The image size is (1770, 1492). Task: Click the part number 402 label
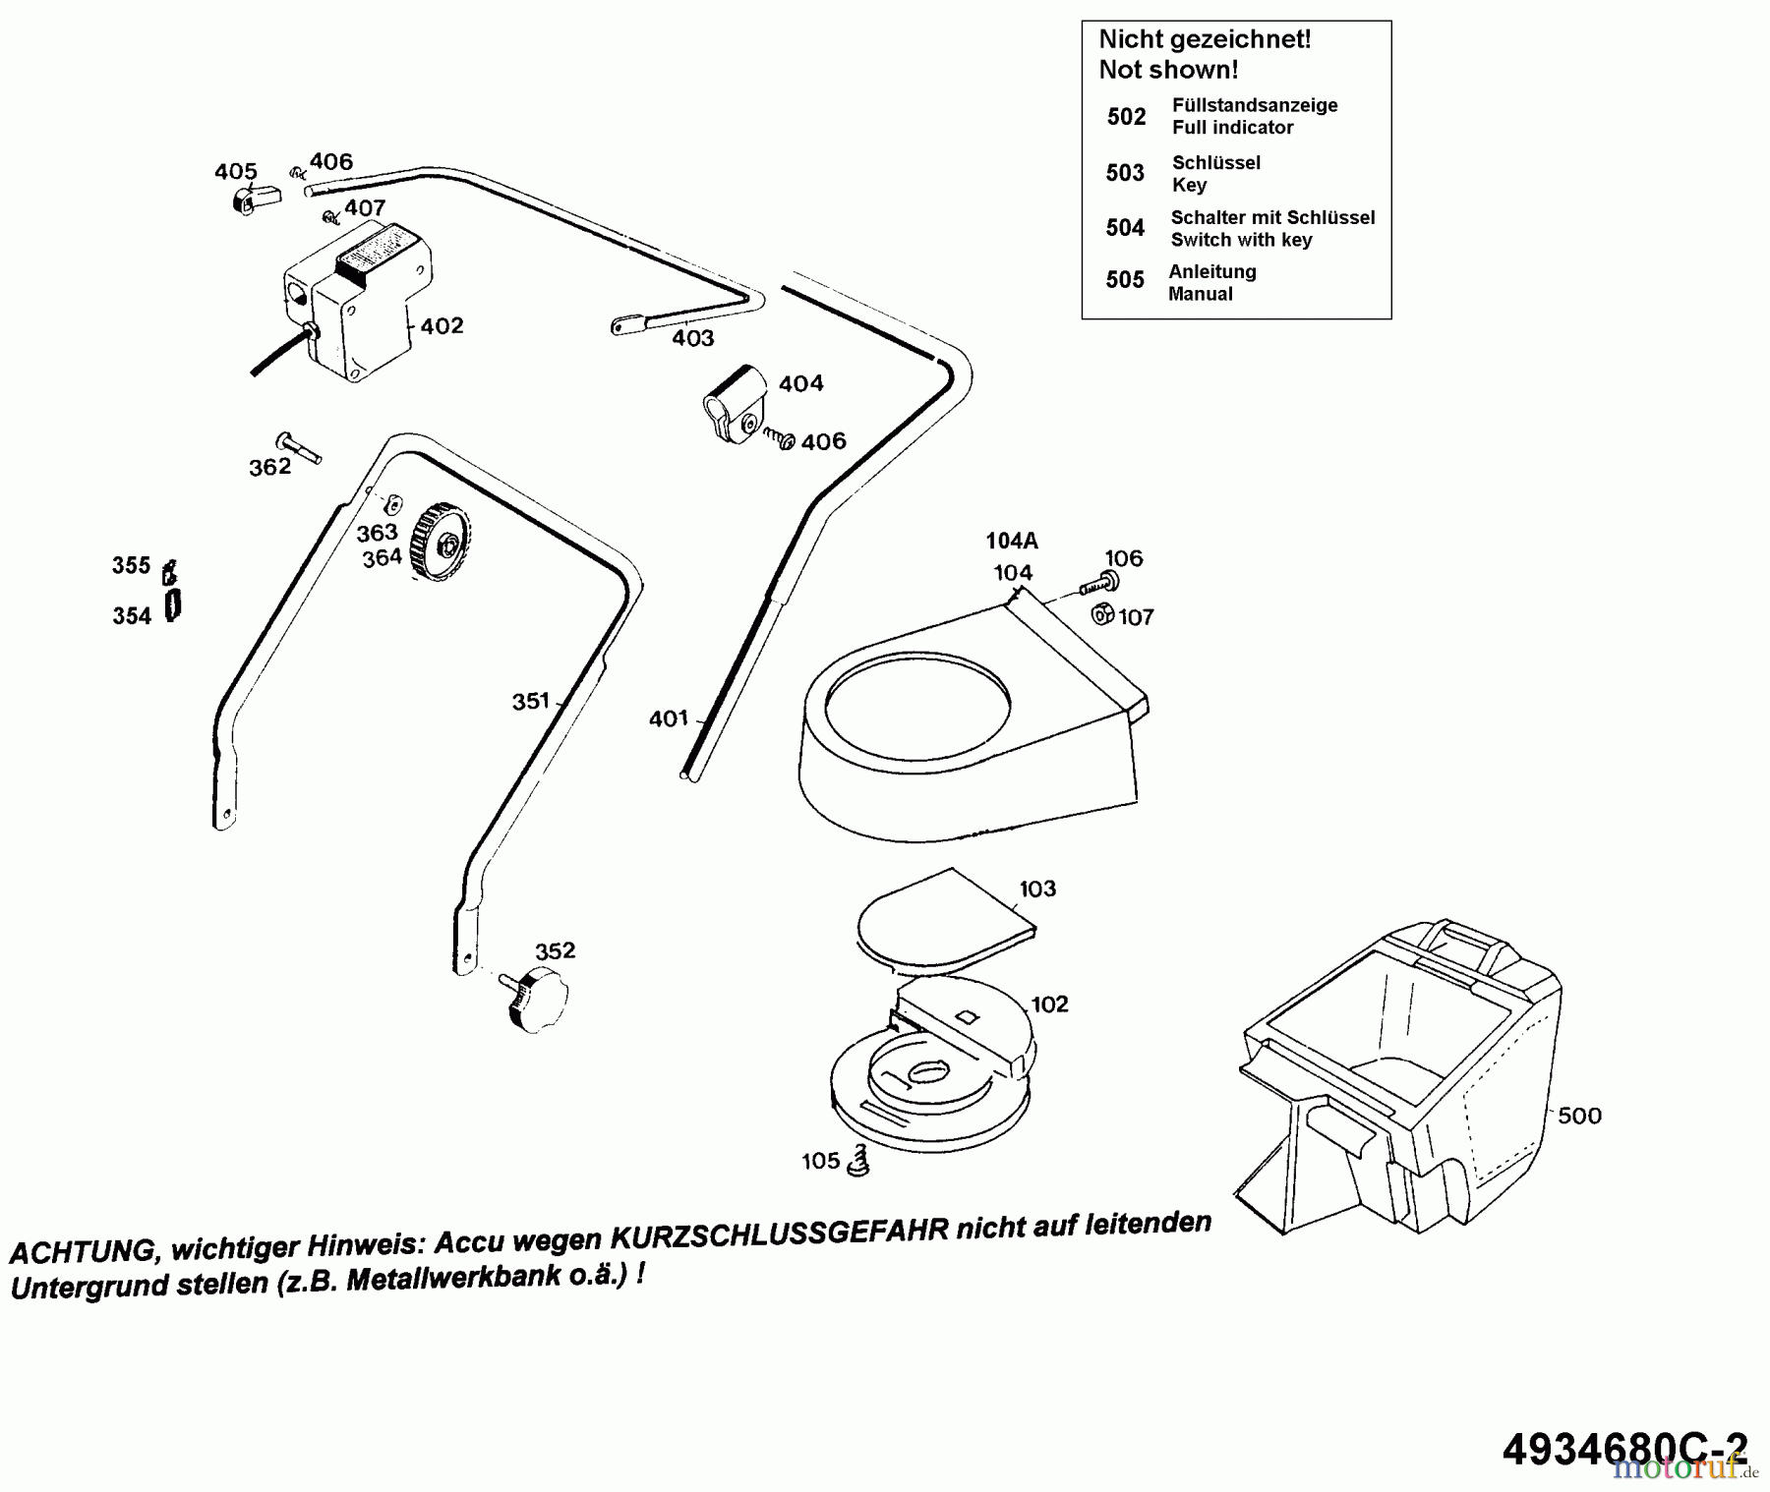point(442,326)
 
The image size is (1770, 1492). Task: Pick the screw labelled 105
point(860,1160)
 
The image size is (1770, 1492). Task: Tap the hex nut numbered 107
point(1103,614)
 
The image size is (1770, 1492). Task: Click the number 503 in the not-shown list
point(1125,173)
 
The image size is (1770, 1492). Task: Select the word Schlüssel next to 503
point(1215,162)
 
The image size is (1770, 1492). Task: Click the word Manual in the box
point(1200,294)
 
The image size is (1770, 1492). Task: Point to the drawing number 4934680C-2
point(1624,1447)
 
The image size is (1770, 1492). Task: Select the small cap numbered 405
point(254,200)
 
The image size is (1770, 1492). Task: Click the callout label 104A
point(1012,541)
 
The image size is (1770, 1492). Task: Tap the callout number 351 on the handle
point(530,702)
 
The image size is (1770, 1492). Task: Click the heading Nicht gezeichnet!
point(1205,39)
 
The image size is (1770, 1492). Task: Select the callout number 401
point(668,719)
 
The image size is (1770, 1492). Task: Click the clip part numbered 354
point(173,606)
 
